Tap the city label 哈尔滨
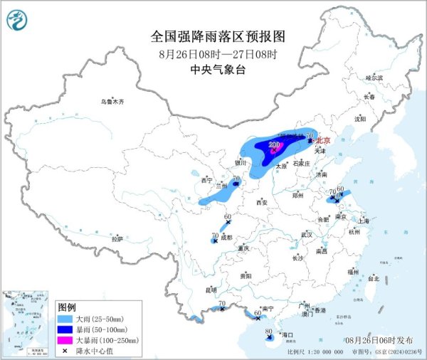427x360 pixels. point(374,77)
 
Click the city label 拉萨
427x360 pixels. point(117,239)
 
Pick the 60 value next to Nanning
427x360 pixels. point(258,312)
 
